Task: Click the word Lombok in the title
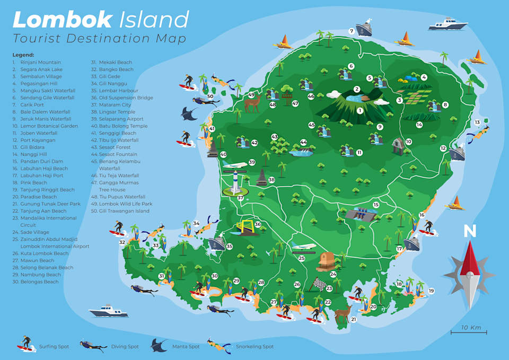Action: coord(63,20)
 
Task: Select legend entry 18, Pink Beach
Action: coord(34,182)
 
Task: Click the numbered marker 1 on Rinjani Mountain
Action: coord(360,110)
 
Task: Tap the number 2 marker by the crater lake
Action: coord(357,89)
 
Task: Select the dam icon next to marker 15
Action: coord(361,214)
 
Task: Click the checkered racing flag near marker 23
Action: coord(318,285)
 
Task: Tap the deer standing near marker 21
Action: coord(343,312)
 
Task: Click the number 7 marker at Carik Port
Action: coord(352,31)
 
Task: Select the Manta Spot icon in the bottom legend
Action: coord(159,346)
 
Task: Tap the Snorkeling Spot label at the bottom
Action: coord(254,346)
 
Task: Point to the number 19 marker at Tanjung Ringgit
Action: coord(431,291)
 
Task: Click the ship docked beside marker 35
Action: coord(216,244)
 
